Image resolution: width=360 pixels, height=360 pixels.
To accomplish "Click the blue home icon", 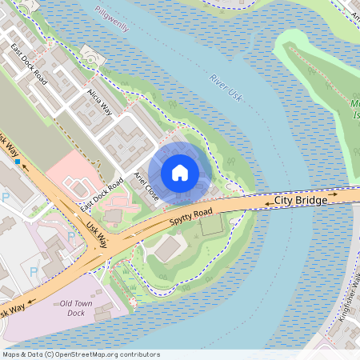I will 180,171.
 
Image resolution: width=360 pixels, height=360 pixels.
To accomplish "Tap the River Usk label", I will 227,87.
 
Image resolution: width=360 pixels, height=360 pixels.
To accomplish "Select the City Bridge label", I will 301,201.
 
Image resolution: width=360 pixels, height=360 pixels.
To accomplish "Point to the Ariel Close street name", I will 147,186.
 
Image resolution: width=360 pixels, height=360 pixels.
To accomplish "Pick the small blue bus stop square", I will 17,162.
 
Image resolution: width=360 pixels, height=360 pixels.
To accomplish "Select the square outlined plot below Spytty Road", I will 210,226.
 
